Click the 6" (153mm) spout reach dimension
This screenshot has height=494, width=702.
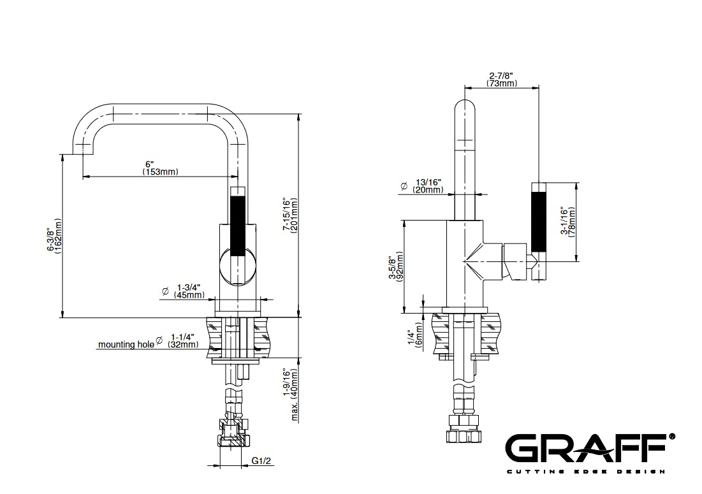[x=160, y=168]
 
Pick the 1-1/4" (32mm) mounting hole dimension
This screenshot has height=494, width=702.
[x=182, y=340]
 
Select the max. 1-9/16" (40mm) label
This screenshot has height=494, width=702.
[x=291, y=395]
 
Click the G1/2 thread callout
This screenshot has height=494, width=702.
[x=261, y=461]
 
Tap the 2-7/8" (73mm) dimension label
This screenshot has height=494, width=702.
[x=501, y=79]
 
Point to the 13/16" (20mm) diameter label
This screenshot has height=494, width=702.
[x=428, y=185]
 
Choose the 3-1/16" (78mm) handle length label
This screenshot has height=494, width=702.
[x=568, y=222]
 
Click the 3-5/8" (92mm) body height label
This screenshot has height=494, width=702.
[x=396, y=267]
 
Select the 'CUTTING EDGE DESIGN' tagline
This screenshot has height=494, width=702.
[x=585, y=471]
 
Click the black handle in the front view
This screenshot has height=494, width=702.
[x=237, y=226]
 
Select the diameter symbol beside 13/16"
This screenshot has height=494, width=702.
[x=404, y=185]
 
